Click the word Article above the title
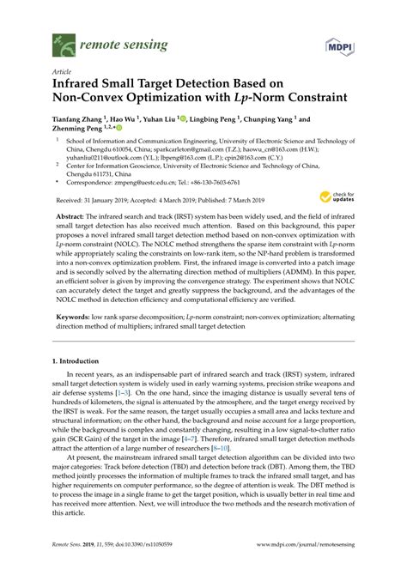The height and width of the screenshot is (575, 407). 63,73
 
